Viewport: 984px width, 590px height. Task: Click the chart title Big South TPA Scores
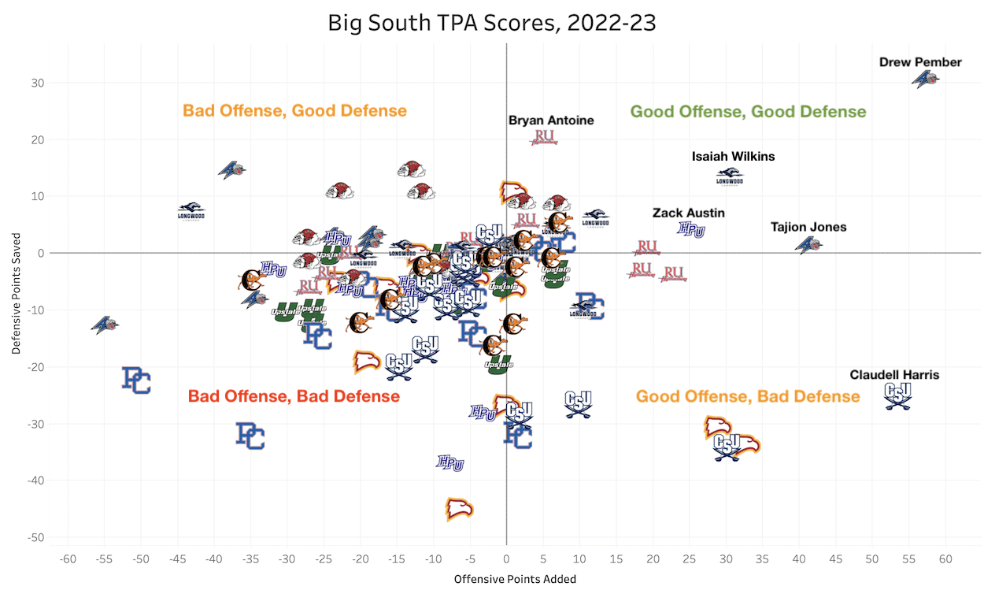(x=492, y=23)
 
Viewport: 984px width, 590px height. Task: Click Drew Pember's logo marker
(x=926, y=79)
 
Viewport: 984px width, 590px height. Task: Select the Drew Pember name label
(x=920, y=61)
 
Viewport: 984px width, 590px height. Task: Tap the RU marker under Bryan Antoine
(x=545, y=137)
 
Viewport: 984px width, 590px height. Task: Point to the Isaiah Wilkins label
(x=733, y=156)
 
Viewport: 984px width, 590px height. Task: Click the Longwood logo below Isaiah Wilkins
(x=729, y=177)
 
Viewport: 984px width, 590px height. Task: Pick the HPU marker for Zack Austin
(x=691, y=229)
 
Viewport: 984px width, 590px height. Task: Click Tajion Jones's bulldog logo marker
(x=808, y=245)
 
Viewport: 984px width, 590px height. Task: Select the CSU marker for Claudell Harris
(x=897, y=394)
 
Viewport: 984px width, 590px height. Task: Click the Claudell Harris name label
(x=894, y=375)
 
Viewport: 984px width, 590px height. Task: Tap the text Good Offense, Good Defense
(x=748, y=112)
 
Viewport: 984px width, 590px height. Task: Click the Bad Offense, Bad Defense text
(x=294, y=396)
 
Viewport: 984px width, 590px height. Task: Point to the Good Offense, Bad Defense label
(x=748, y=396)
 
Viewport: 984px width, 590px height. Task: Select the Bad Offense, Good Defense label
(x=294, y=110)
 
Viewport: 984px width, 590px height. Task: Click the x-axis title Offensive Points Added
(x=515, y=579)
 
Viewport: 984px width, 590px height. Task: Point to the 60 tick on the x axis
(x=945, y=558)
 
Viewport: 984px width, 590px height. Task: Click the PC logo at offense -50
(x=137, y=380)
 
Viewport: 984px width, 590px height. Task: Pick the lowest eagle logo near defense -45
(x=459, y=509)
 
